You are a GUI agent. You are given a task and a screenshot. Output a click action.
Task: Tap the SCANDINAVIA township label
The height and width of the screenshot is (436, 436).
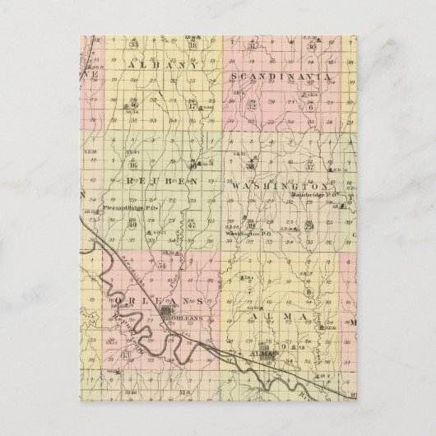(282, 76)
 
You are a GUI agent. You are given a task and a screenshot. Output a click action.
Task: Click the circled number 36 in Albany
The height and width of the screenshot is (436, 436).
(133, 104)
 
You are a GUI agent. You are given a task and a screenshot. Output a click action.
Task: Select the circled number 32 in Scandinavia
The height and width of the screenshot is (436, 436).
(252, 105)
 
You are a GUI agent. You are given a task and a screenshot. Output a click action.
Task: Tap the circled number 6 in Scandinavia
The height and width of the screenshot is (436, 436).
(311, 104)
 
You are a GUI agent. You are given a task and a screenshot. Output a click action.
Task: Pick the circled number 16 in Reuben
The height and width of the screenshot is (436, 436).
(132, 165)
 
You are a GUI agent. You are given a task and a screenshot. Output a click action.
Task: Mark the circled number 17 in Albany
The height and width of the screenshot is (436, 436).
(192, 104)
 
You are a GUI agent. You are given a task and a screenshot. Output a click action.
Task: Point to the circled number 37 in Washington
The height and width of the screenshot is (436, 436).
(311, 165)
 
